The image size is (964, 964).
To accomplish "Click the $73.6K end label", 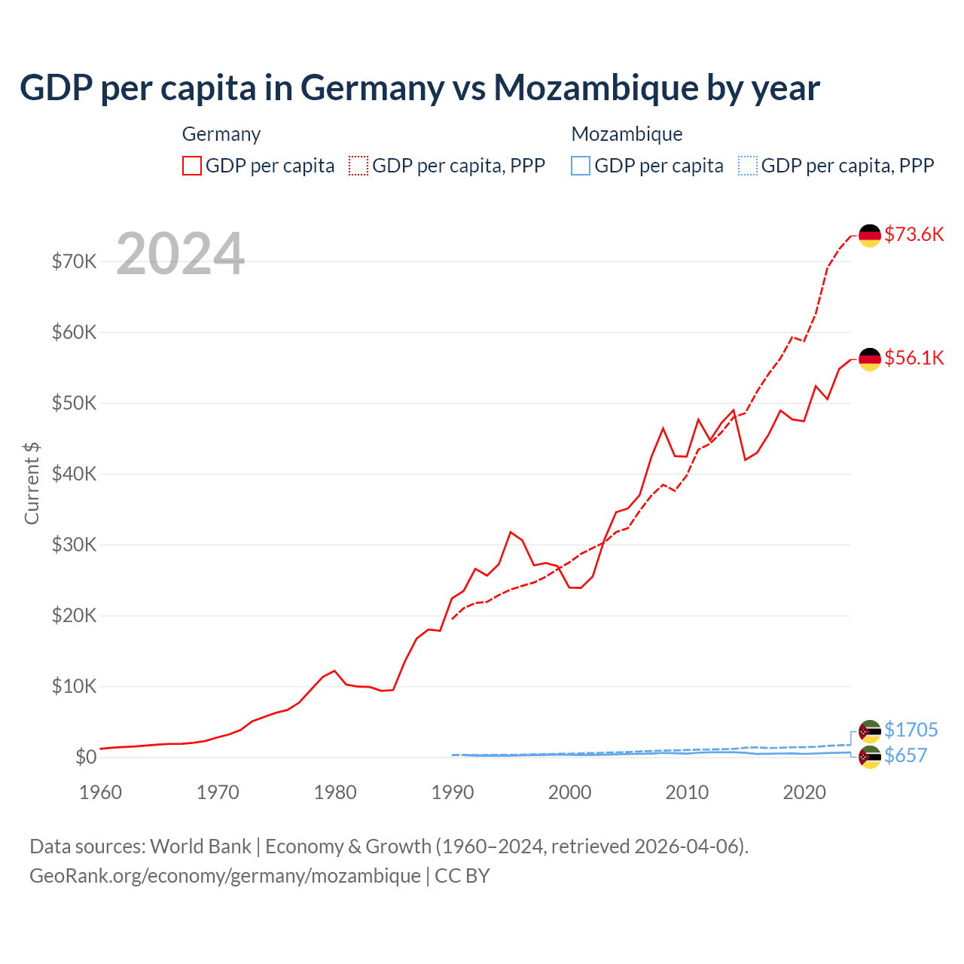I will [914, 234].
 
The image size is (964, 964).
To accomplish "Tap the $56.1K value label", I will [914, 358].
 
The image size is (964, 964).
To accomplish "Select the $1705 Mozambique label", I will [911, 730].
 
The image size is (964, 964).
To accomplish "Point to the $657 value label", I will [905, 755].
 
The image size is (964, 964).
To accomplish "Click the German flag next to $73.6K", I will [870, 236].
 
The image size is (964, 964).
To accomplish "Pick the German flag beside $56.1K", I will [870, 359].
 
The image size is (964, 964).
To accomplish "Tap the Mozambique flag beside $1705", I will [870, 731].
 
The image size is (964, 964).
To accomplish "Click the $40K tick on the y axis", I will [74, 474].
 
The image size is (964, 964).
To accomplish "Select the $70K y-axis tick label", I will [74, 261].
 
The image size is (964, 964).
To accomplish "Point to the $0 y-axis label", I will [86, 758].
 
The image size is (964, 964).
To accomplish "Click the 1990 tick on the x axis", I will [452, 792].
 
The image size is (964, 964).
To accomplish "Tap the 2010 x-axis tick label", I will [687, 792].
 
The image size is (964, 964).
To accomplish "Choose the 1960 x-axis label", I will [100, 792].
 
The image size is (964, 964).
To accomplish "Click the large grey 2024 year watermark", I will [180, 254].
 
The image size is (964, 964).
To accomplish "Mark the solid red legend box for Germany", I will [192, 166].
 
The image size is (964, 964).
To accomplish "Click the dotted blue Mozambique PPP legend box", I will [747, 166].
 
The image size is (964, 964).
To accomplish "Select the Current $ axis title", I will [32, 484].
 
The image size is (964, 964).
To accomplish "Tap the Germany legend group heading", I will [221, 134].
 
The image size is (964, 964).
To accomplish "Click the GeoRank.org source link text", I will [224, 876].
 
